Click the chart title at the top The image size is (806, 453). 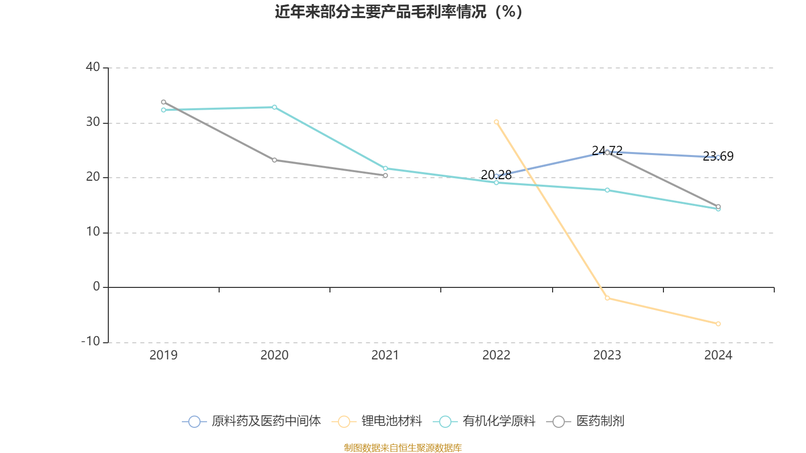coord(398,12)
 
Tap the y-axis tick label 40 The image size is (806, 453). coord(93,67)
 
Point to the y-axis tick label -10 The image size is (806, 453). coord(91,341)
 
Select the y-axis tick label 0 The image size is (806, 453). coord(97,287)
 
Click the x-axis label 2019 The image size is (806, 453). coord(163,355)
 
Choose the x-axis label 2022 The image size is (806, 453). coord(496,355)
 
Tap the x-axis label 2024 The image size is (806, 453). coord(718,355)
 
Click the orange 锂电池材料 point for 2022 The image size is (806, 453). coord(496,122)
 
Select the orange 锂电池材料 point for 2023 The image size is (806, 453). coord(607,298)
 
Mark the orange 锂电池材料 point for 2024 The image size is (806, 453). coord(718,324)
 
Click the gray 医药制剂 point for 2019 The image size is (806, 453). coord(163,102)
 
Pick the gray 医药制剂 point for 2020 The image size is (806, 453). coord(275,160)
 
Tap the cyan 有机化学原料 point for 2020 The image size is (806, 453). coord(275,107)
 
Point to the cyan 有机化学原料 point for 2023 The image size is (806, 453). coord(607,190)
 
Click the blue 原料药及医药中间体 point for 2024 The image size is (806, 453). coord(718,158)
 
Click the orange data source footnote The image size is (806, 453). coord(402,447)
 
